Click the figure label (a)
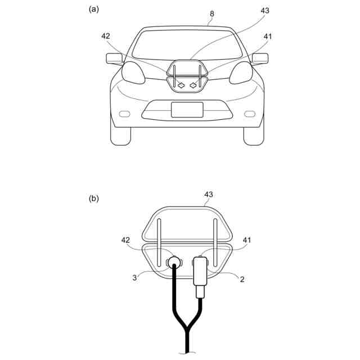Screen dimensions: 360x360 pos(93,8)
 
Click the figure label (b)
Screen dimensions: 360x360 pos(93,198)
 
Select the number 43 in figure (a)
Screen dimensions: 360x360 pos(264,11)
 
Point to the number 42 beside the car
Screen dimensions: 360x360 pos(106,36)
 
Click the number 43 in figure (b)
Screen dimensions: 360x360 pos(208,195)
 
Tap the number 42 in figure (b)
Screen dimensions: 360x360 pos(127,240)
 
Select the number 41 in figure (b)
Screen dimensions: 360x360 pos(246,240)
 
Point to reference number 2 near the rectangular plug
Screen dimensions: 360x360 pos(242,277)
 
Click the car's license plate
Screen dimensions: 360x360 pos(187,109)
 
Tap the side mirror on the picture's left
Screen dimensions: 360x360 pos(114,58)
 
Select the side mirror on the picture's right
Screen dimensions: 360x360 pos(260,58)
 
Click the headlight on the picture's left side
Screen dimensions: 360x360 pos(133,73)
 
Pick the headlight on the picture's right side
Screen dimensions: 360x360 pos(241,73)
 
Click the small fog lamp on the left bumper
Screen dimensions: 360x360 pos(125,114)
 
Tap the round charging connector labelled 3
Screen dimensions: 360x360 pos(174,262)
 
